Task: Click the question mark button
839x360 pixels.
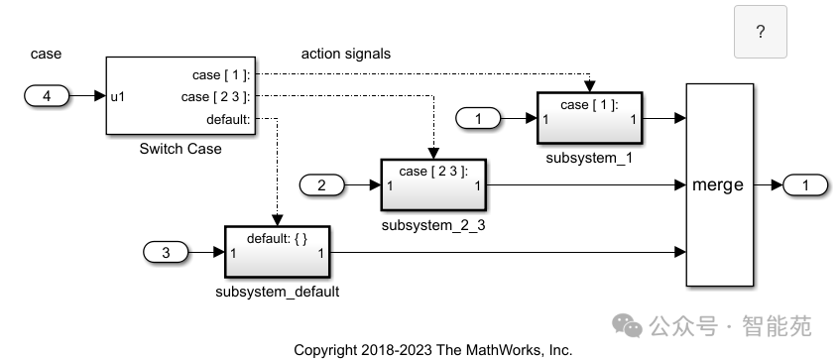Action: coord(760,32)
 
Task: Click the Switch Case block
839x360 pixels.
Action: coord(181,96)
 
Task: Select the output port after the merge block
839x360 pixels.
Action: coord(805,185)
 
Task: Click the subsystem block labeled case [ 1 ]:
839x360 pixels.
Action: coord(589,119)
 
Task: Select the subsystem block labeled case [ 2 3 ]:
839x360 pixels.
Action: coord(433,185)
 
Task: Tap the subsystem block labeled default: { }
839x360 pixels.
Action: coord(278,253)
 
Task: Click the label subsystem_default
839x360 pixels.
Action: coord(278,292)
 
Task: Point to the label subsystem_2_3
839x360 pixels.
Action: coord(433,225)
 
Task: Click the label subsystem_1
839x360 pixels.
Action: coord(589,158)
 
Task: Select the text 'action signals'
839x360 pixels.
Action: coord(345,54)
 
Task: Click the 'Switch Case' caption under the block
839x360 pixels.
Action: coord(181,149)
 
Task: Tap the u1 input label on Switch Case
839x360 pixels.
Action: coord(118,97)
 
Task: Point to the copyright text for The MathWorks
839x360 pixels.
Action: coord(433,350)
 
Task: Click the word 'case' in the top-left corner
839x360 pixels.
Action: coord(47,54)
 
